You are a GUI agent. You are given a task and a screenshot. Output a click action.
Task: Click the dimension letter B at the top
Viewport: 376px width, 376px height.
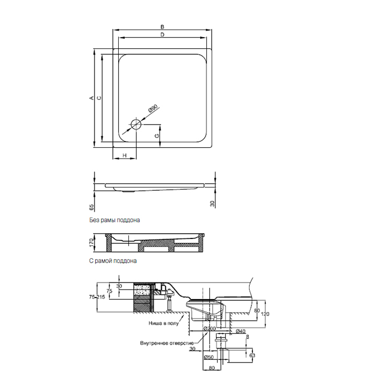click(x=162, y=27)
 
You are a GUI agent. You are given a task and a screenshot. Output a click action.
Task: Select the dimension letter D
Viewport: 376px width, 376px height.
click(x=162, y=34)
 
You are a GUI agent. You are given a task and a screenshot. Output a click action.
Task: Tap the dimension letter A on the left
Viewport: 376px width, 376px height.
click(x=91, y=98)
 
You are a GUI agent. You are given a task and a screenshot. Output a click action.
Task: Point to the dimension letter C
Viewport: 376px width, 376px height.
click(x=99, y=98)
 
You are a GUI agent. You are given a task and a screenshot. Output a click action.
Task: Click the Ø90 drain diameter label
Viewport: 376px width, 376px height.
click(x=154, y=109)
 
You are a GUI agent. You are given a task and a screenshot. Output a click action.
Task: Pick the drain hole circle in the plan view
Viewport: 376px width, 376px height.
click(x=136, y=123)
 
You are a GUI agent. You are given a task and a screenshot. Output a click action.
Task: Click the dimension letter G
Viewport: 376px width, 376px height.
click(x=157, y=136)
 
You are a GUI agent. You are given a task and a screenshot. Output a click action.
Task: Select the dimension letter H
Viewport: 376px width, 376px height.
click(x=125, y=156)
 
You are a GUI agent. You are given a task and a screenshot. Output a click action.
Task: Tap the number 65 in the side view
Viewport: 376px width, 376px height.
click(x=91, y=207)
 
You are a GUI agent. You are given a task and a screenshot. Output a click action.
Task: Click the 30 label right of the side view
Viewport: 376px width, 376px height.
click(x=212, y=204)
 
